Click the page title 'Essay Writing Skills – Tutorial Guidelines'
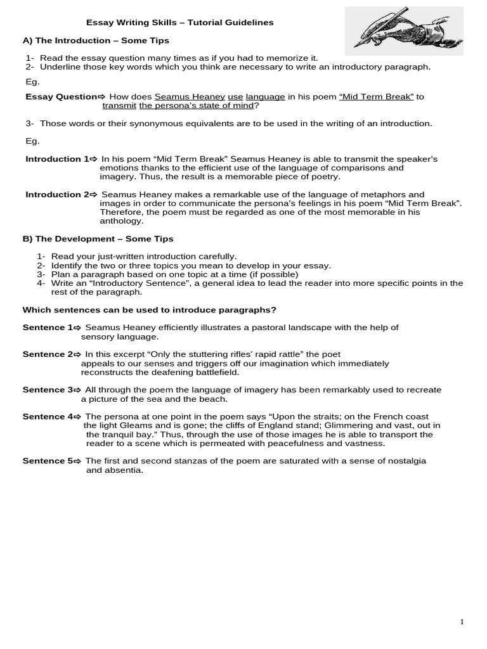pyautogui.click(x=179, y=22)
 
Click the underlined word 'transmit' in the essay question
pyautogui.click(x=119, y=106)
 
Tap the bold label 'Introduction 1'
pyautogui.click(x=56, y=159)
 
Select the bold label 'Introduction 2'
pyautogui.click(x=56, y=195)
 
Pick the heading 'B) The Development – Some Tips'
pyautogui.click(x=98, y=239)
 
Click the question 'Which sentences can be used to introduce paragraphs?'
pyautogui.click(x=149, y=309)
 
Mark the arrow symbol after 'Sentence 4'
pyautogui.click(x=78, y=416)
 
